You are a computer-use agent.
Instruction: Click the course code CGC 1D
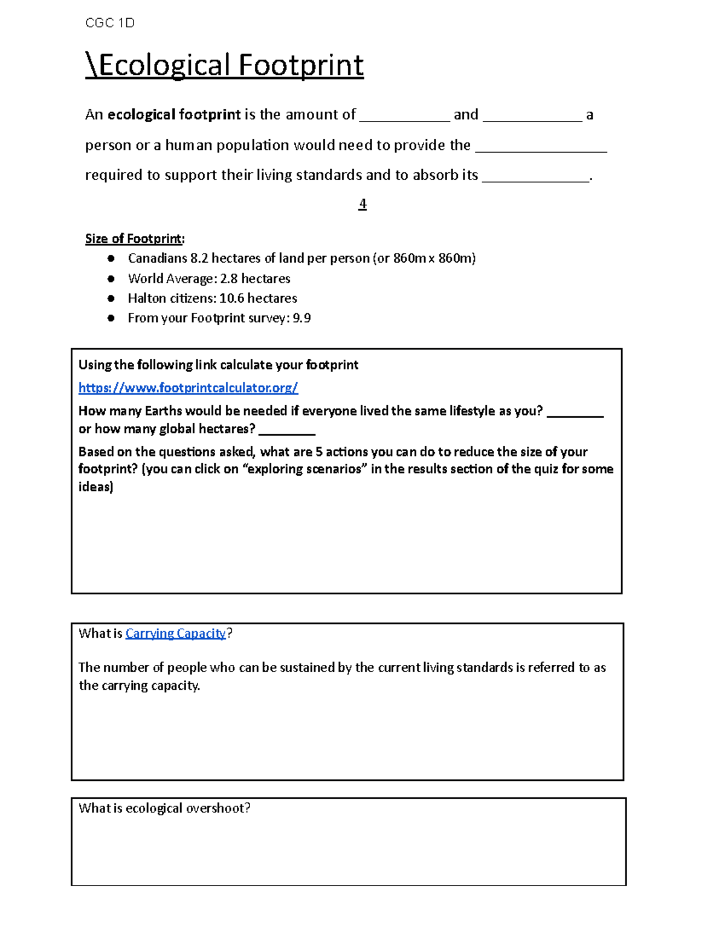109,23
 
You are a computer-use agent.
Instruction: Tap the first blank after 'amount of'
404,118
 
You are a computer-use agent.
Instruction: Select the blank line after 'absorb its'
535,178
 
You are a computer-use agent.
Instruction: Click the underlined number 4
362,204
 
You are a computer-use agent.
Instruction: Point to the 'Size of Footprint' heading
134,239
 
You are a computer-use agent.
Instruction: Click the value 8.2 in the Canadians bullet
199,259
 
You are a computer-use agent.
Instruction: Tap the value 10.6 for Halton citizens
231,298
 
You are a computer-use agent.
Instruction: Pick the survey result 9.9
301,318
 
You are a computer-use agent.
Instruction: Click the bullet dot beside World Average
111,278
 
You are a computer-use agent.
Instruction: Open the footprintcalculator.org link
188,388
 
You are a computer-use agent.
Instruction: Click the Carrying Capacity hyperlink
175,634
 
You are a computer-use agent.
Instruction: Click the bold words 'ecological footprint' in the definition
174,115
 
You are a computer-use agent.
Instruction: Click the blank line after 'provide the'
541,149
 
